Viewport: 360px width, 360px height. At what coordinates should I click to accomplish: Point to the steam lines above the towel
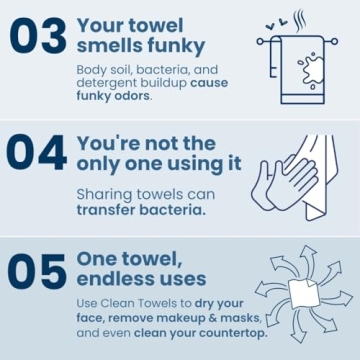(x=300, y=20)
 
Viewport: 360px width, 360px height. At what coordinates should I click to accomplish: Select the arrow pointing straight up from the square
(x=307, y=258)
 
